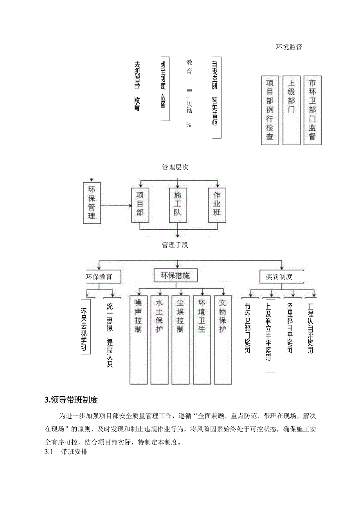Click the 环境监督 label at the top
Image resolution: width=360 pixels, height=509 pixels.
(x=289, y=47)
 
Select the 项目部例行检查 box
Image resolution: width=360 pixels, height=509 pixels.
(x=270, y=110)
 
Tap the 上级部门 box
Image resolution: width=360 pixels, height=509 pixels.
(x=292, y=110)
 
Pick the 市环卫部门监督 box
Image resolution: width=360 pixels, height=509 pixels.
(x=312, y=110)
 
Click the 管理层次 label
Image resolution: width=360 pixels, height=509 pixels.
(x=175, y=167)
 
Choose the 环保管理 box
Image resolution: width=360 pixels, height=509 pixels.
(x=92, y=203)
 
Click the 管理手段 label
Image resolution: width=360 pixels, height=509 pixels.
(x=175, y=245)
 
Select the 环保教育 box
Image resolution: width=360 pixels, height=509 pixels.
(x=100, y=277)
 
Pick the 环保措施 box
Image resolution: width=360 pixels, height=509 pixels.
(x=175, y=276)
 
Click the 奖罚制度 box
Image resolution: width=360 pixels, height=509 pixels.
(x=279, y=277)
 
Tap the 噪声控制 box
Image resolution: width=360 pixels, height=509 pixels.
(x=139, y=339)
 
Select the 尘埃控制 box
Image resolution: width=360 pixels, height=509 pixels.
(x=180, y=339)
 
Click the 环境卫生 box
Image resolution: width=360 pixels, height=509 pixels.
(x=202, y=339)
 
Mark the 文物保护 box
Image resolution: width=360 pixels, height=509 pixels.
(x=223, y=339)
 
